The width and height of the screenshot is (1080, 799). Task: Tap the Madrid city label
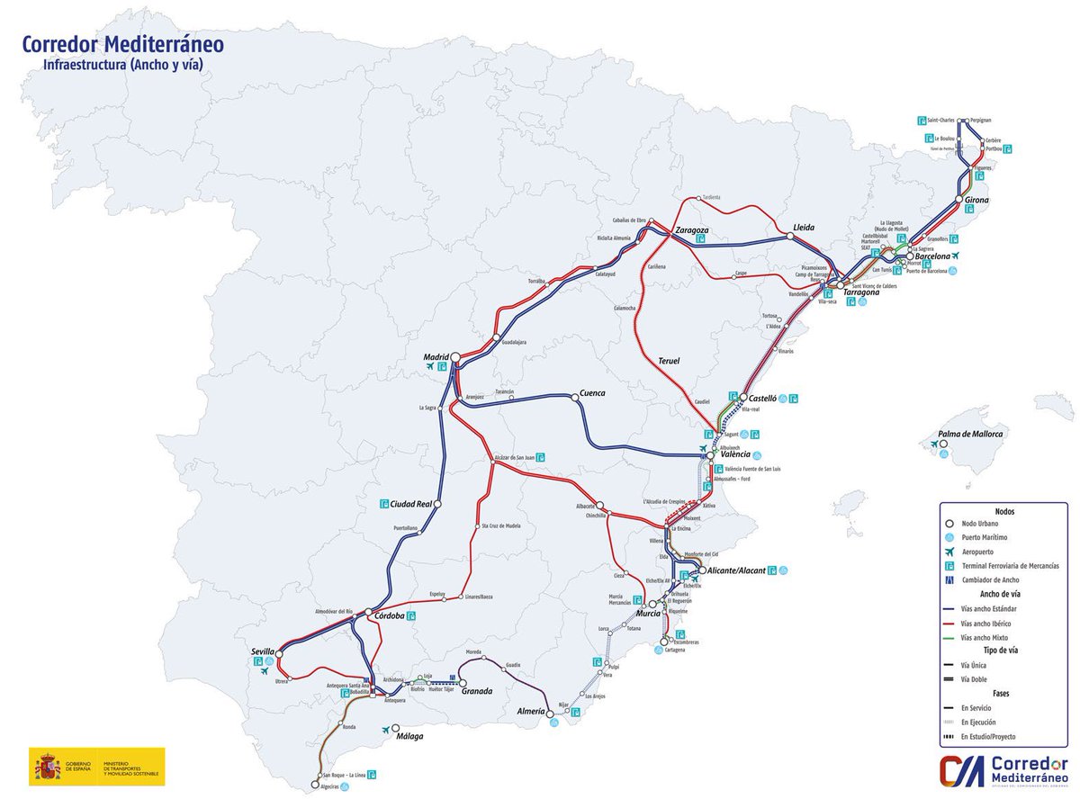click(x=436, y=357)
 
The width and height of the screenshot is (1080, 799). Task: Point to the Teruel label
click(x=668, y=361)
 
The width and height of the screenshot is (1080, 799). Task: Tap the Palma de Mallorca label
click(x=970, y=434)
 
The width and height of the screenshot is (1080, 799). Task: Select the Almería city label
click(x=530, y=712)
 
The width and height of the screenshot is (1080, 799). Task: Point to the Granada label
click(x=476, y=691)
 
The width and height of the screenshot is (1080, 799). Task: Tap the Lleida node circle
click(x=789, y=237)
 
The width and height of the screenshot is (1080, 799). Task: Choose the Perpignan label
click(x=980, y=120)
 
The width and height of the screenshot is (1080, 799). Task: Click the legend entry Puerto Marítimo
click(x=985, y=537)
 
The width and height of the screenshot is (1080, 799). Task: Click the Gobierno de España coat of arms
click(x=48, y=767)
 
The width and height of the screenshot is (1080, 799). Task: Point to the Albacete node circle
click(x=600, y=506)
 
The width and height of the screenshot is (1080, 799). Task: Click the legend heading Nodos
click(x=1004, y=510)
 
